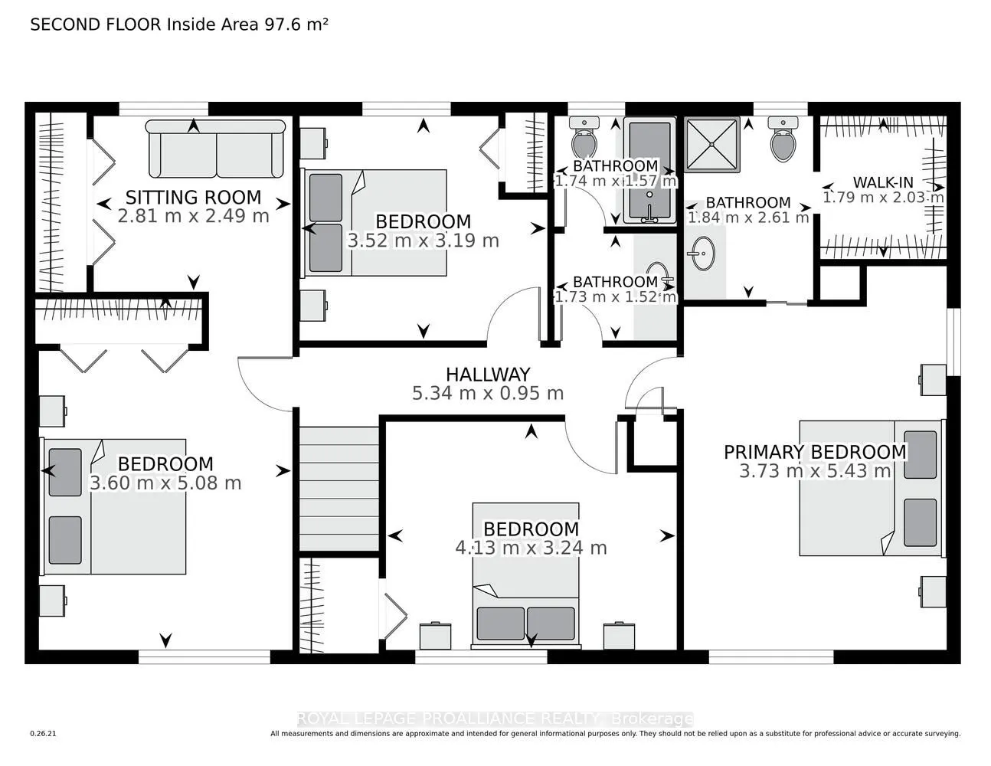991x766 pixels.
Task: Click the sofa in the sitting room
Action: tap(215, 149)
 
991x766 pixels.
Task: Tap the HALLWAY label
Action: tap(488, 375)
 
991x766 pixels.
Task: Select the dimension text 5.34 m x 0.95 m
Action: tap(488, 394)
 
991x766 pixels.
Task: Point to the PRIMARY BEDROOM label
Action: tap(815, 452)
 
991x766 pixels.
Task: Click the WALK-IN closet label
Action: tap(883, 182)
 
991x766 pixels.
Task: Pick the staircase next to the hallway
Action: tap(339, 488)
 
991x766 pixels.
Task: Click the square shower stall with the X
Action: tap(711, 145)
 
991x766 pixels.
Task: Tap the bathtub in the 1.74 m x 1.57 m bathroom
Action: tap(649, 170)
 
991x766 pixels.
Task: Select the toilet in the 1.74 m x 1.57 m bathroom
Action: tap(584, 137)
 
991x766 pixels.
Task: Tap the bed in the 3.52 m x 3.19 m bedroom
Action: tap(376, 222)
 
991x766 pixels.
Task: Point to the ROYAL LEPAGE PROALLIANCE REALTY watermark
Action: tap(495, 719)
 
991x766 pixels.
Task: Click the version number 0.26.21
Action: tap(44, 734)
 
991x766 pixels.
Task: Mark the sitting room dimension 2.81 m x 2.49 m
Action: tap(193, 216)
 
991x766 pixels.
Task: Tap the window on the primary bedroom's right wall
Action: tap(953, 342)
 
